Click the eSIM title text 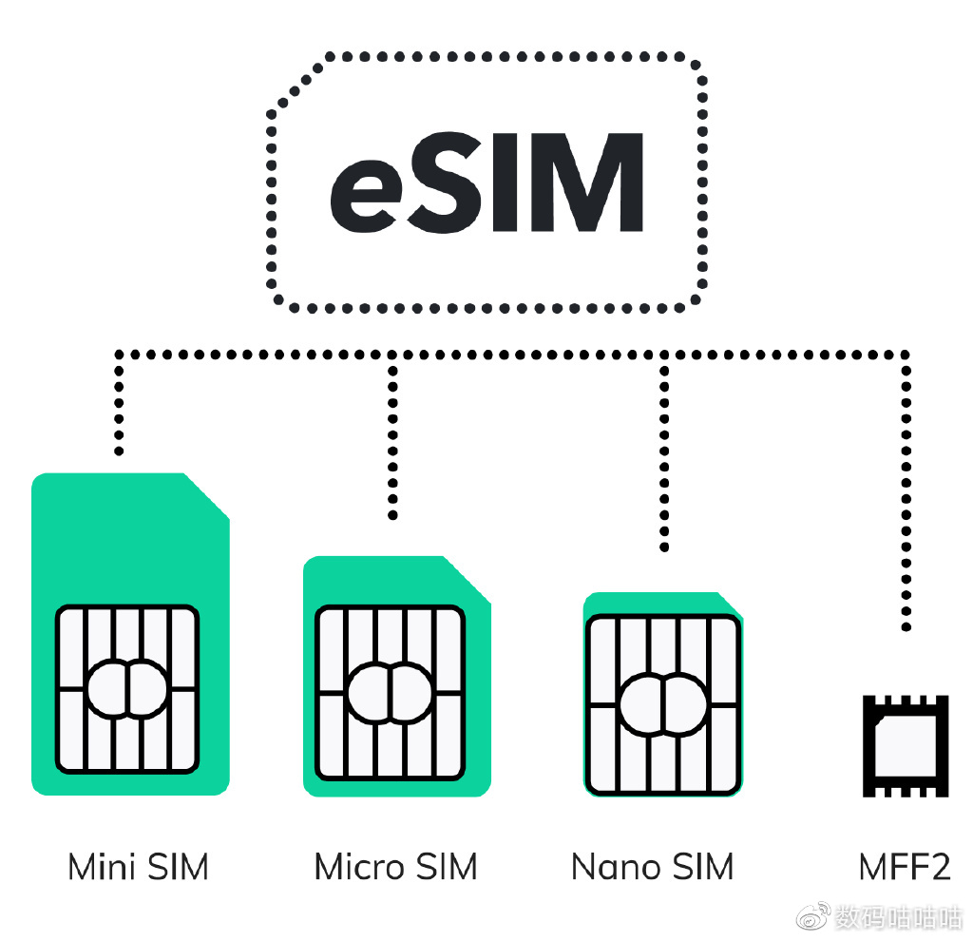click(486, 183)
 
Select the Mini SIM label click(138, 867)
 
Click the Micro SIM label click(395, 867)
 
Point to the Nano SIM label click(653, 867)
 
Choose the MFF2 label click(904, 867)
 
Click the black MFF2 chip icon click(906, 745)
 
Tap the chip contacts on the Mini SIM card click(127, 689)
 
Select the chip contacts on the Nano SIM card click(662, 704)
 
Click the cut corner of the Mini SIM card click(207, 495)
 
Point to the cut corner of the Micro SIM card click(468, 579)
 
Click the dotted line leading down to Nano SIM click(664, 456)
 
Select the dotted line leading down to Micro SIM click(392, 437)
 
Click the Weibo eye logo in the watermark click(813, 917)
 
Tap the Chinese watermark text click(898, 917)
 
